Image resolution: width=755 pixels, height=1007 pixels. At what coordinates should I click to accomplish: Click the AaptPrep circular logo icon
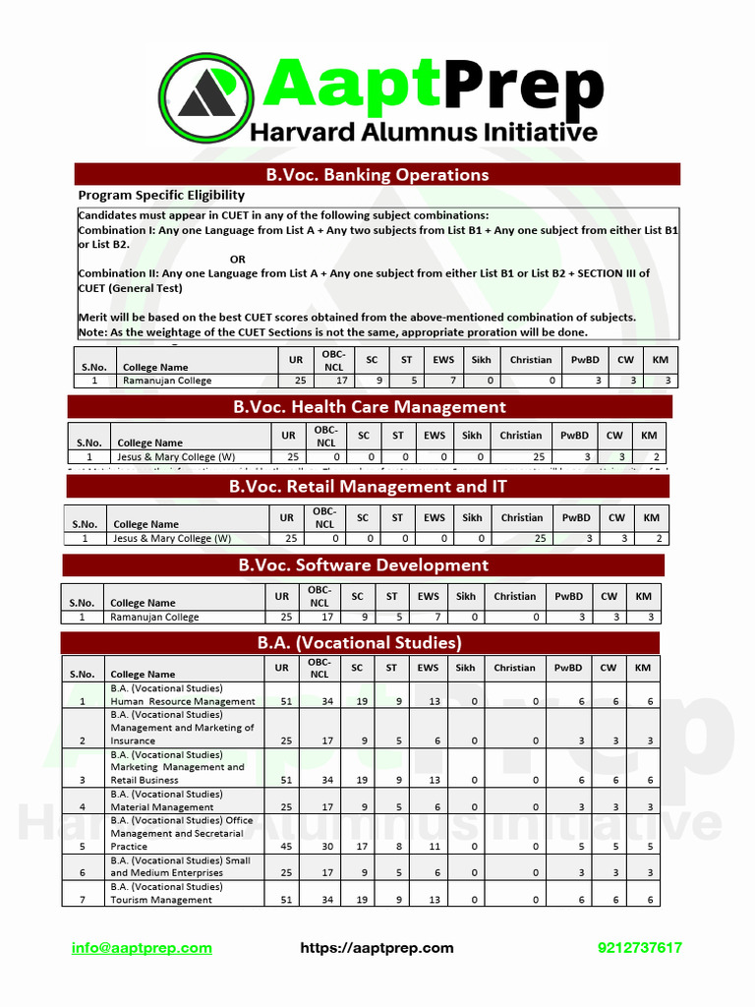208,97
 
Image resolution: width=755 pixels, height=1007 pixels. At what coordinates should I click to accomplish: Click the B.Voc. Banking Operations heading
377,175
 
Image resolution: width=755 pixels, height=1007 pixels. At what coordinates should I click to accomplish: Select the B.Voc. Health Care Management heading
370,407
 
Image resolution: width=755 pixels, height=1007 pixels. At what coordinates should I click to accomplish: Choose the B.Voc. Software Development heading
363,565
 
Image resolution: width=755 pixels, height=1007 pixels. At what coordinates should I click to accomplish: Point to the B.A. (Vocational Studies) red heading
360,643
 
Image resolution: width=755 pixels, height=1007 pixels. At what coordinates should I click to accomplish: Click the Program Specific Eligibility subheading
161,196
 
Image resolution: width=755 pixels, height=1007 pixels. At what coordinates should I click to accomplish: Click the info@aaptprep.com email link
142,948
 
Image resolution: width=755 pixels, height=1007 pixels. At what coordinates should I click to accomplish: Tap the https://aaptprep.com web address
377,948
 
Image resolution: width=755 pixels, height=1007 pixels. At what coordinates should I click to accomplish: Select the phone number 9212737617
639,948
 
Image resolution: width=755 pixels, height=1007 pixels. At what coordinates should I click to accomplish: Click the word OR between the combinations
238,259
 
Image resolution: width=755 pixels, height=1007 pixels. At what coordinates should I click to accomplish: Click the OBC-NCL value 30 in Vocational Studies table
319,846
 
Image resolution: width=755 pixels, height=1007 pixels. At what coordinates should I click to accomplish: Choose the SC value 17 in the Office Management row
357,846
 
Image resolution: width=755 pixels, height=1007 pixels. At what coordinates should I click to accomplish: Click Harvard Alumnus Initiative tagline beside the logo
423,132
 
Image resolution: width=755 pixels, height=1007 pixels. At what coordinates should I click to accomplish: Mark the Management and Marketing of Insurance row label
182,728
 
